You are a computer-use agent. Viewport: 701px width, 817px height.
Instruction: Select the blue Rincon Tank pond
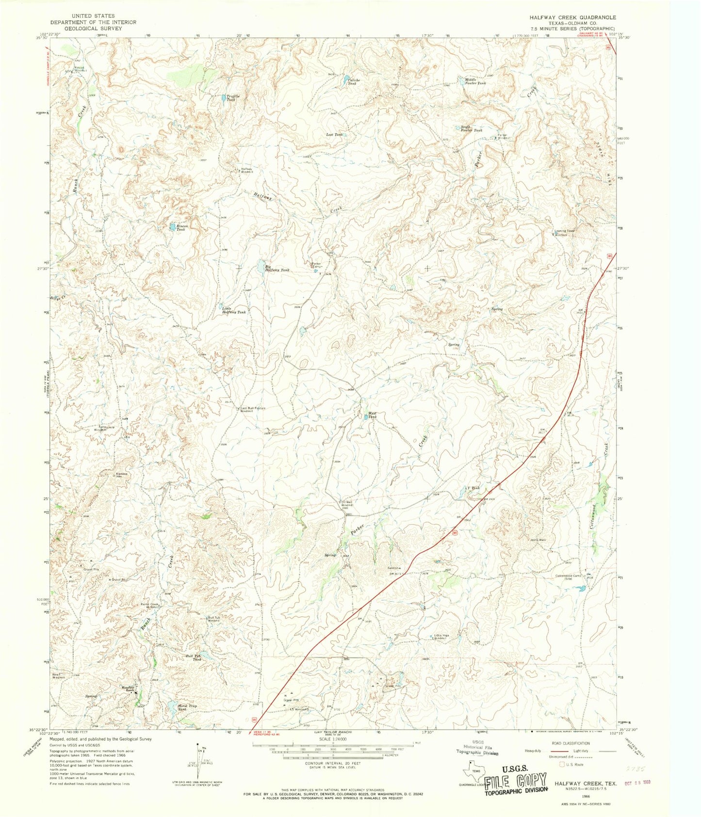[x=172, y=226]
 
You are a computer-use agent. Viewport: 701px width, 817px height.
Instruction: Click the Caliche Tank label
[x=352, y=81]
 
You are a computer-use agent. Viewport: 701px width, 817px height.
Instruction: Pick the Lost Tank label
[x=334, y=134]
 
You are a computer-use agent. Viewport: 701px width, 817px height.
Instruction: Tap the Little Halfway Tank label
[x=233, y=310]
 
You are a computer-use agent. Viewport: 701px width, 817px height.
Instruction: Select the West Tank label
[x=372, y=416]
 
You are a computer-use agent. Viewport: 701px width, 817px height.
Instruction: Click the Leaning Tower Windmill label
[x=565, y=232]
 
